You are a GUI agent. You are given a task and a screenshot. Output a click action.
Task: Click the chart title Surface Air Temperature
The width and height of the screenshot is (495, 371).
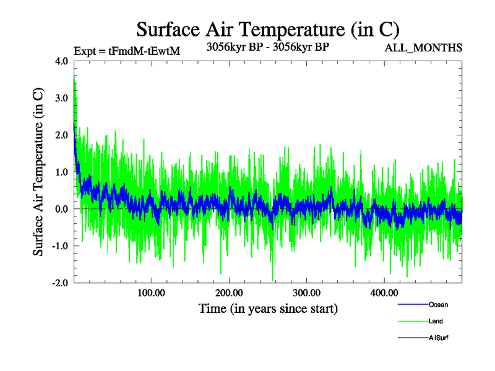click(267, 29)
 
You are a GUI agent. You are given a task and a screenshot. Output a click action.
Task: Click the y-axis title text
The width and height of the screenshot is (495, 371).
click(38, 172)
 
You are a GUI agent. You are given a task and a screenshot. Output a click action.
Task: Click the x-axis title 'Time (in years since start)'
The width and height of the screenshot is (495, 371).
click(268, 308)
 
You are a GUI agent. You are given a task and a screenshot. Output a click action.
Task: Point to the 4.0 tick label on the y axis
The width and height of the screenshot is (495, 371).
click(62, 61)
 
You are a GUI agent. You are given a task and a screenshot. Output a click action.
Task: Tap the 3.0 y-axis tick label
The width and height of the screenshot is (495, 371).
click(62, 98)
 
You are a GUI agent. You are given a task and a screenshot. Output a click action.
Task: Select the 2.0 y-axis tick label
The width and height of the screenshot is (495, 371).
click(62, 135)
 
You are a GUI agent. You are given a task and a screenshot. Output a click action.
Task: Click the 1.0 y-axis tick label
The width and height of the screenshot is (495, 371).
click(62, 172)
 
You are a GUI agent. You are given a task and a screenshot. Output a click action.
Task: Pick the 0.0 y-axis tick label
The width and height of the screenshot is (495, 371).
click(62, 209)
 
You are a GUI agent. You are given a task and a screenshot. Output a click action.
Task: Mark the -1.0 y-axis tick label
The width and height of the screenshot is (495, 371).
click(60, 246)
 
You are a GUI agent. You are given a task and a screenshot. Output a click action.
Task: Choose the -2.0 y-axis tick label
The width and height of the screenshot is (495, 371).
click(60, 283)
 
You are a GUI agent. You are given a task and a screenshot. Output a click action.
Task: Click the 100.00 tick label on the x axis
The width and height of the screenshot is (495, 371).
click(152, 292)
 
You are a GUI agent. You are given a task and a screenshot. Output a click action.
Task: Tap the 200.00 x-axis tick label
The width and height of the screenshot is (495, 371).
click(229, 292)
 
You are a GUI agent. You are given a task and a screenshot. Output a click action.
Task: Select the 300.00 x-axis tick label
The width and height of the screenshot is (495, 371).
click(306, 292)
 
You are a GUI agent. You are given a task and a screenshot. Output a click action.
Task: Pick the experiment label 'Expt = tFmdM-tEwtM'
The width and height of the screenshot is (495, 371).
click(126, 51)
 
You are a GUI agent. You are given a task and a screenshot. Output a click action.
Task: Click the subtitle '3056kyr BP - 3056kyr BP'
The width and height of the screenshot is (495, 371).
click(268, 46)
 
